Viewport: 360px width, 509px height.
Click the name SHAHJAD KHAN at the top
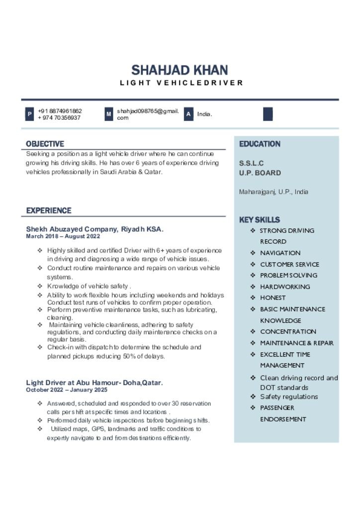click(180, 70)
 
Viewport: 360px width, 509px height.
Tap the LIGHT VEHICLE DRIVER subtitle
click(181, 83)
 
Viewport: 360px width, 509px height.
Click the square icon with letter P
click(30, 114)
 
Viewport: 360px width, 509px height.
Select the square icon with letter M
click(109, 114)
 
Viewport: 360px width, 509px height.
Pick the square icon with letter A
click(188, 114)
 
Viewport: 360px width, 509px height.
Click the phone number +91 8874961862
click(60, 111)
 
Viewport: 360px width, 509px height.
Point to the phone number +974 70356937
click(59, 118)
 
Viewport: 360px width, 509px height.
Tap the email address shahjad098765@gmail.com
click(148, 114)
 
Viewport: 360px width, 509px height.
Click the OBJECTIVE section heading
click(45, 144)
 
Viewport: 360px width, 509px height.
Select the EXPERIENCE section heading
click(49, 211)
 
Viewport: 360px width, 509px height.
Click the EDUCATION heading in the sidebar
click(260, 144)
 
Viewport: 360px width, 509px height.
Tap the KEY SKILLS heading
click(260, 220)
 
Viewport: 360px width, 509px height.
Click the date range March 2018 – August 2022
click(63, 237)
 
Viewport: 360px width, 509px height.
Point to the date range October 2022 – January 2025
click(67, 390)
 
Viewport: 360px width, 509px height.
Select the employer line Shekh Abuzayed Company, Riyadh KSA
click(94, 229)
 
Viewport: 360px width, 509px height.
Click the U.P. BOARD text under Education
click(260, 173)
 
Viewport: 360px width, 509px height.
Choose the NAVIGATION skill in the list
click(280, 253)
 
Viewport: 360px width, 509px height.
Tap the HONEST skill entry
click(272, 298)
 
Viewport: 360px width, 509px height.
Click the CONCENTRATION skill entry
click(288, 332)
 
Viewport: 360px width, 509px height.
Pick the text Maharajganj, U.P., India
click(273, 192)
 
